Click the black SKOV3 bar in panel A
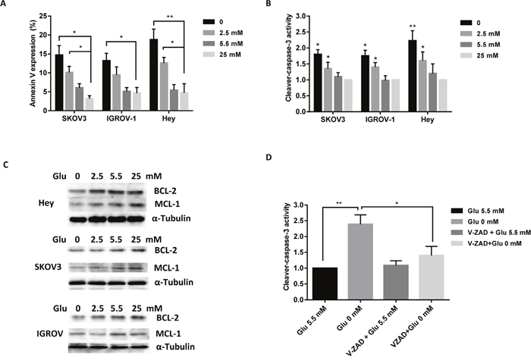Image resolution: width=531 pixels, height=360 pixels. pos(59,83)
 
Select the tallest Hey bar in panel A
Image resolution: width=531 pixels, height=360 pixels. pos(154,75)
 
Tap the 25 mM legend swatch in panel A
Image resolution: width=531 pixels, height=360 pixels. pos(209,55)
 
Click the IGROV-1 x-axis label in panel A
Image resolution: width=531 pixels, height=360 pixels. pos(121,119)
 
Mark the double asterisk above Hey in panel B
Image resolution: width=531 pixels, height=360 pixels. pos(412,27)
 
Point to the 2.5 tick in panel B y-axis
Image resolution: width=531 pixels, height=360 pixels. pos(300,32)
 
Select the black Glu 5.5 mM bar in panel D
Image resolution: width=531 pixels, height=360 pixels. pos(325,283)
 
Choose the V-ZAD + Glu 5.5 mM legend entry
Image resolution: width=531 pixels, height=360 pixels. pos(491,233)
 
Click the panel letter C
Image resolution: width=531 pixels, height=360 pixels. pos(5,164)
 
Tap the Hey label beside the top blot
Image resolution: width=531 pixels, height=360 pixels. pos(46,204)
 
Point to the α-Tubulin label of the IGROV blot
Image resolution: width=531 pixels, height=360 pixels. pos(175,347)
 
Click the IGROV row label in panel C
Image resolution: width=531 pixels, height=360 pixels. pos(49,334)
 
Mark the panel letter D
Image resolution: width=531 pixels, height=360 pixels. pos(269,158)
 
